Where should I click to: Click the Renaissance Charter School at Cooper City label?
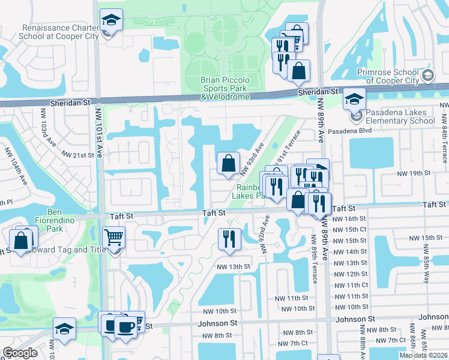(x=58, y=32)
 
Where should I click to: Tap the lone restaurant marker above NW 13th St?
(x=229, y=239)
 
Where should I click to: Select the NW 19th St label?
(x=412, y=173)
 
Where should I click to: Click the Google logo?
(x=20, y=353)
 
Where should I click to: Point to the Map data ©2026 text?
(x=423, y=355)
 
